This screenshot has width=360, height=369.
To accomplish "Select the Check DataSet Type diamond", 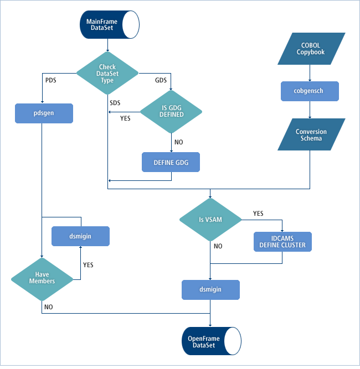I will (107, 72).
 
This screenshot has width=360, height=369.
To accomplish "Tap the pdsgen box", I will (44, 113).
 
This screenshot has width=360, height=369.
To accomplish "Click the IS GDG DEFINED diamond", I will (171, 111).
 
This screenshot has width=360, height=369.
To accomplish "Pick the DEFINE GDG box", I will (171, 163).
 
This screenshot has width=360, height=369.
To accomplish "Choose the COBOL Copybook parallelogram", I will (310, 48).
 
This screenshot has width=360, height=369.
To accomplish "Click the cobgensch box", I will (310, 90).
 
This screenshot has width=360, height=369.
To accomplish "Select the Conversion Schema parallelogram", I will (311, 135).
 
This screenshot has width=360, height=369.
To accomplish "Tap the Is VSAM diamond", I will (211, 220).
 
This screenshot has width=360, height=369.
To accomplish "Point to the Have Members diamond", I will (42, 278).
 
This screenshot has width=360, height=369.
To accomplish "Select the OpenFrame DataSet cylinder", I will (211, 341).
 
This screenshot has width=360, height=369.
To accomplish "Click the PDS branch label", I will (50, 80).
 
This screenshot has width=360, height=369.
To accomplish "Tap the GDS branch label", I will (161, 80).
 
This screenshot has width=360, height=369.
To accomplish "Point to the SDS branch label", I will (115, 102).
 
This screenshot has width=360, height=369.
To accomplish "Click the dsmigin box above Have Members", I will (80, 236).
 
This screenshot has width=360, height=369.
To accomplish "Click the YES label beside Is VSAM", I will (258, 214).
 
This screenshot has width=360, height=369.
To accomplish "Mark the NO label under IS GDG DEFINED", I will (178, 142).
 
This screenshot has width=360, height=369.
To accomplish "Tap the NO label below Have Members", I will (49, 306).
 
